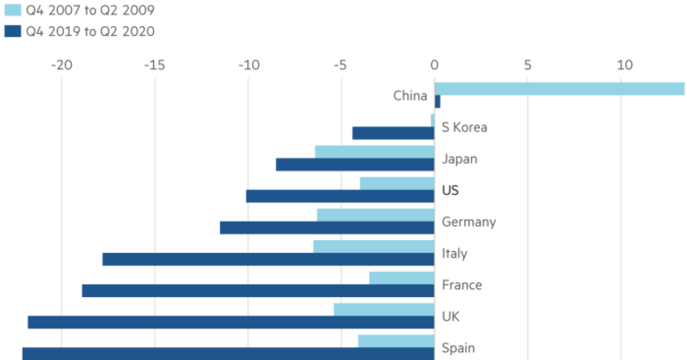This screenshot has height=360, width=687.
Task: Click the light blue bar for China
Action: pos(559,89)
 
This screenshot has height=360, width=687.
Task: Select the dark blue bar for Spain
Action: pos(228,353)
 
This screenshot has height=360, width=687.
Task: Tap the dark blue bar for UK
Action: pos(231,322)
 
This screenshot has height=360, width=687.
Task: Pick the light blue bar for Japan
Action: pos(374,152)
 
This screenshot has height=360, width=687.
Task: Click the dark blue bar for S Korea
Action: pos(392,133)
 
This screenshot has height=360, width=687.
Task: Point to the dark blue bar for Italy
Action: pos(268,259)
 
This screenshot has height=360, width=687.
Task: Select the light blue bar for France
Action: pos(401,277)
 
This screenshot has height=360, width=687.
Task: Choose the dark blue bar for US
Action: pos(339,196)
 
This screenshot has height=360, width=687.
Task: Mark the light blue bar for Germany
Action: pos(375,214)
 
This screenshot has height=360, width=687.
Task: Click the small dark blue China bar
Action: pos(437,102)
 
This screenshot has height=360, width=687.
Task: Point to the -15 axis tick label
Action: pos(154,65)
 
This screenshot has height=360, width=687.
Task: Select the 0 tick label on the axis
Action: pos(434,65)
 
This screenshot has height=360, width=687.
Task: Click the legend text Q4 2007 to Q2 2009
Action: pos(90,10)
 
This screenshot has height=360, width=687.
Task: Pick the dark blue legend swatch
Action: pos(12,31)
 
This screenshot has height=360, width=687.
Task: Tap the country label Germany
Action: pos(468,222)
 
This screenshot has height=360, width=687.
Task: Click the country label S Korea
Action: pos(464,128)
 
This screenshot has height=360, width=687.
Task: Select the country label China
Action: pos(410,96)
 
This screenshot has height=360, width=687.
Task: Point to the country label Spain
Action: pos(458,348)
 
